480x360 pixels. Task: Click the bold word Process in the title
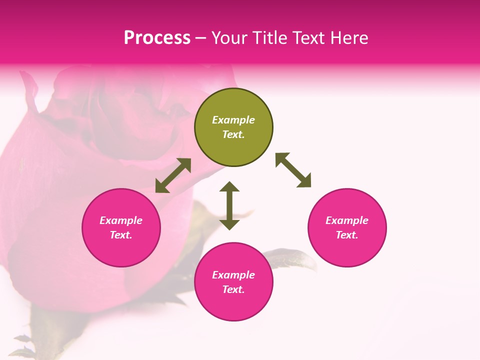157,37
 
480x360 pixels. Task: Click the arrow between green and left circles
173,175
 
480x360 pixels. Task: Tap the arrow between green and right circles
293,170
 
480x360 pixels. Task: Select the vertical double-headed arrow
229,205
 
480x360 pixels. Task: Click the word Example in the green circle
233,120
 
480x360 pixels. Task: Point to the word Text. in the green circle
233,134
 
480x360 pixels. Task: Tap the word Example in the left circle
121,220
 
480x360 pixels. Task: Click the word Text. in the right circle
347,235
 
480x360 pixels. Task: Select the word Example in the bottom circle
233,275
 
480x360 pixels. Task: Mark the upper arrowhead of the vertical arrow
229,187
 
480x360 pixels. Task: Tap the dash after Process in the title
201,38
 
